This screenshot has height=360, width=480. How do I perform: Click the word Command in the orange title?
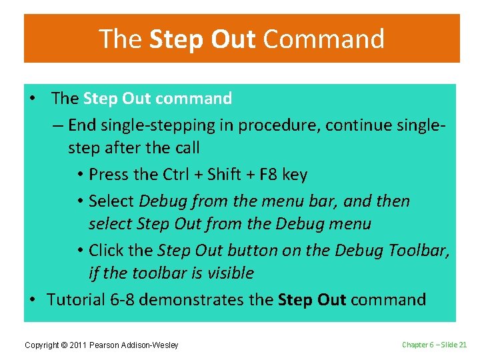(323, 39)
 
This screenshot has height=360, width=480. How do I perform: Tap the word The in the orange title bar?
(121, 39)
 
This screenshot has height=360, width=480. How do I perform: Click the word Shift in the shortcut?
(225, 175)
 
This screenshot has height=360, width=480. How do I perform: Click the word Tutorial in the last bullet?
(77, 299)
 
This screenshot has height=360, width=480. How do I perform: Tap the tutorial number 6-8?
(123, 299)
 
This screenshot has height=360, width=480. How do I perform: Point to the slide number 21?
(463, 344)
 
